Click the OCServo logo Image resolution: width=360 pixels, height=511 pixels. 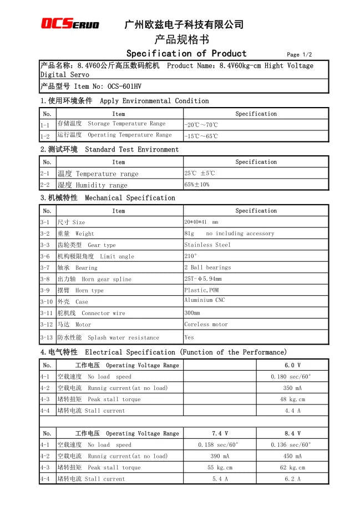[x=70, y=23]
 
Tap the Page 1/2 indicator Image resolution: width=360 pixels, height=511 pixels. [x=299, y=55]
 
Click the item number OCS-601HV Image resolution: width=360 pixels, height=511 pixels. [x=124, y=86]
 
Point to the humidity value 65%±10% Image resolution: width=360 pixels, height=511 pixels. [x=197, y=185]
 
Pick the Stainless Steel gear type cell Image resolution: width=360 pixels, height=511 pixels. [x=207, y=245]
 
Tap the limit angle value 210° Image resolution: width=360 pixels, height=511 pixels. [x=190, y=256]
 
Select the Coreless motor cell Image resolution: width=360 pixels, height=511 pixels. [x=206, y=325]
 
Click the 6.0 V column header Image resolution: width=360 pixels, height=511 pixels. [x=292, y=366]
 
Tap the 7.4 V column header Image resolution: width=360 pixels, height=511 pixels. [x=220, y=433]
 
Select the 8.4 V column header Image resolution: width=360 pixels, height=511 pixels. [x=292, y=433]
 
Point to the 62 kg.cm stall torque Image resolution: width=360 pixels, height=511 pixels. [x=292, y=468]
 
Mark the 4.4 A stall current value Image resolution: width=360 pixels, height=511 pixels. [x=292, y=411]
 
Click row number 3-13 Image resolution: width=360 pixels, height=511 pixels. [x=47, y=337]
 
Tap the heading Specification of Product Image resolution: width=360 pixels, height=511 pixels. [x=186, y=53]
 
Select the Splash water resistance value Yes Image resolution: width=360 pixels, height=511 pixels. [x=189, y=337]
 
